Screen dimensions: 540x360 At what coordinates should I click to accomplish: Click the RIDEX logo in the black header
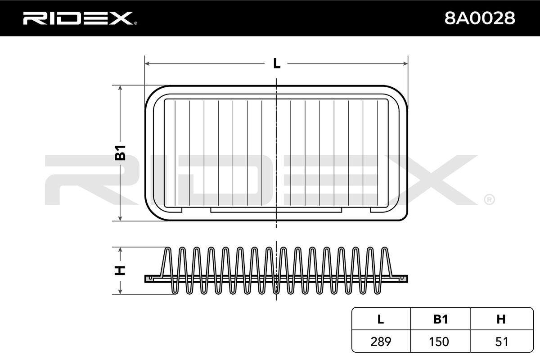(80, 18)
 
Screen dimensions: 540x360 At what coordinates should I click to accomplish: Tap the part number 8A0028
(480, 18)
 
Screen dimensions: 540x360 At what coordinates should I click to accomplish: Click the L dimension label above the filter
(277, 63)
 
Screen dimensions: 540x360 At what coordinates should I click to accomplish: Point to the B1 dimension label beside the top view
(120, 153)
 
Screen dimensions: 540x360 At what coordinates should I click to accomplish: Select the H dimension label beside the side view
(120, 270)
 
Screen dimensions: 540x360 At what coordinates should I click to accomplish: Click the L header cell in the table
(380, 319)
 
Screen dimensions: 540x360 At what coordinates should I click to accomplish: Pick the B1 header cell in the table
(441, 319)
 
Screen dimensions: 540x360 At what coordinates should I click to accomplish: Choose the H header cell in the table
(501, 319)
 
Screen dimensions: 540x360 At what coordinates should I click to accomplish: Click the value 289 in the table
(381, 342)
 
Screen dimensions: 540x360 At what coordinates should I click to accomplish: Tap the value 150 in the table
(439, 342)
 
